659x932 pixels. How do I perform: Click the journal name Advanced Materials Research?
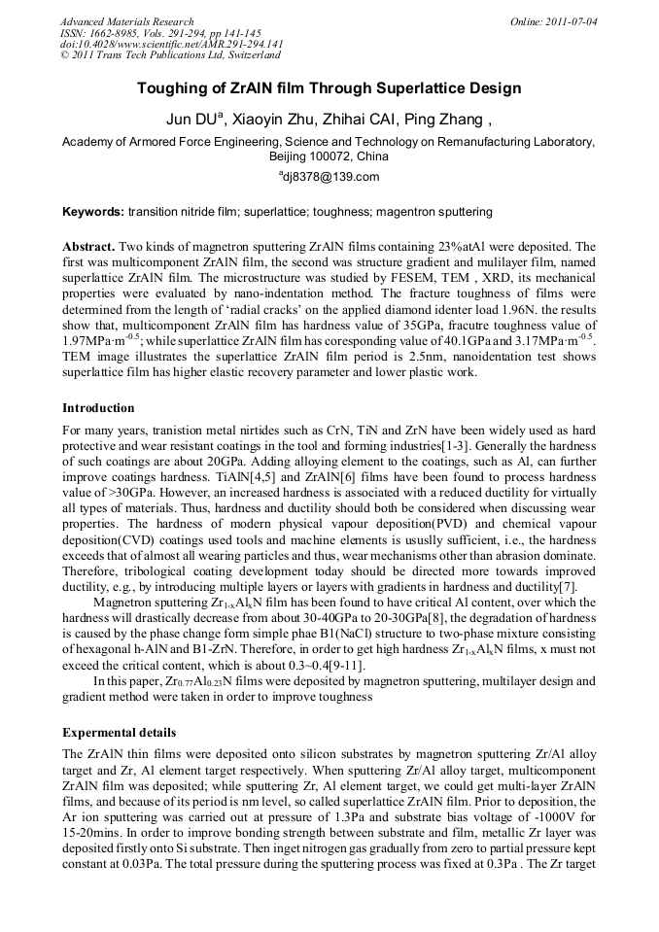coord(126,21)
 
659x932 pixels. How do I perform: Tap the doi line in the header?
coord(171,45)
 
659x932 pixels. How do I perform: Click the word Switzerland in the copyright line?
coord(247,56)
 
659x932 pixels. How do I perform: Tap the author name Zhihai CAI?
coord(375,120)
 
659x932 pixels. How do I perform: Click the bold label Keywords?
coord(93,211)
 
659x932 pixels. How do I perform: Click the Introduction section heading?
coord(98,407)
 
